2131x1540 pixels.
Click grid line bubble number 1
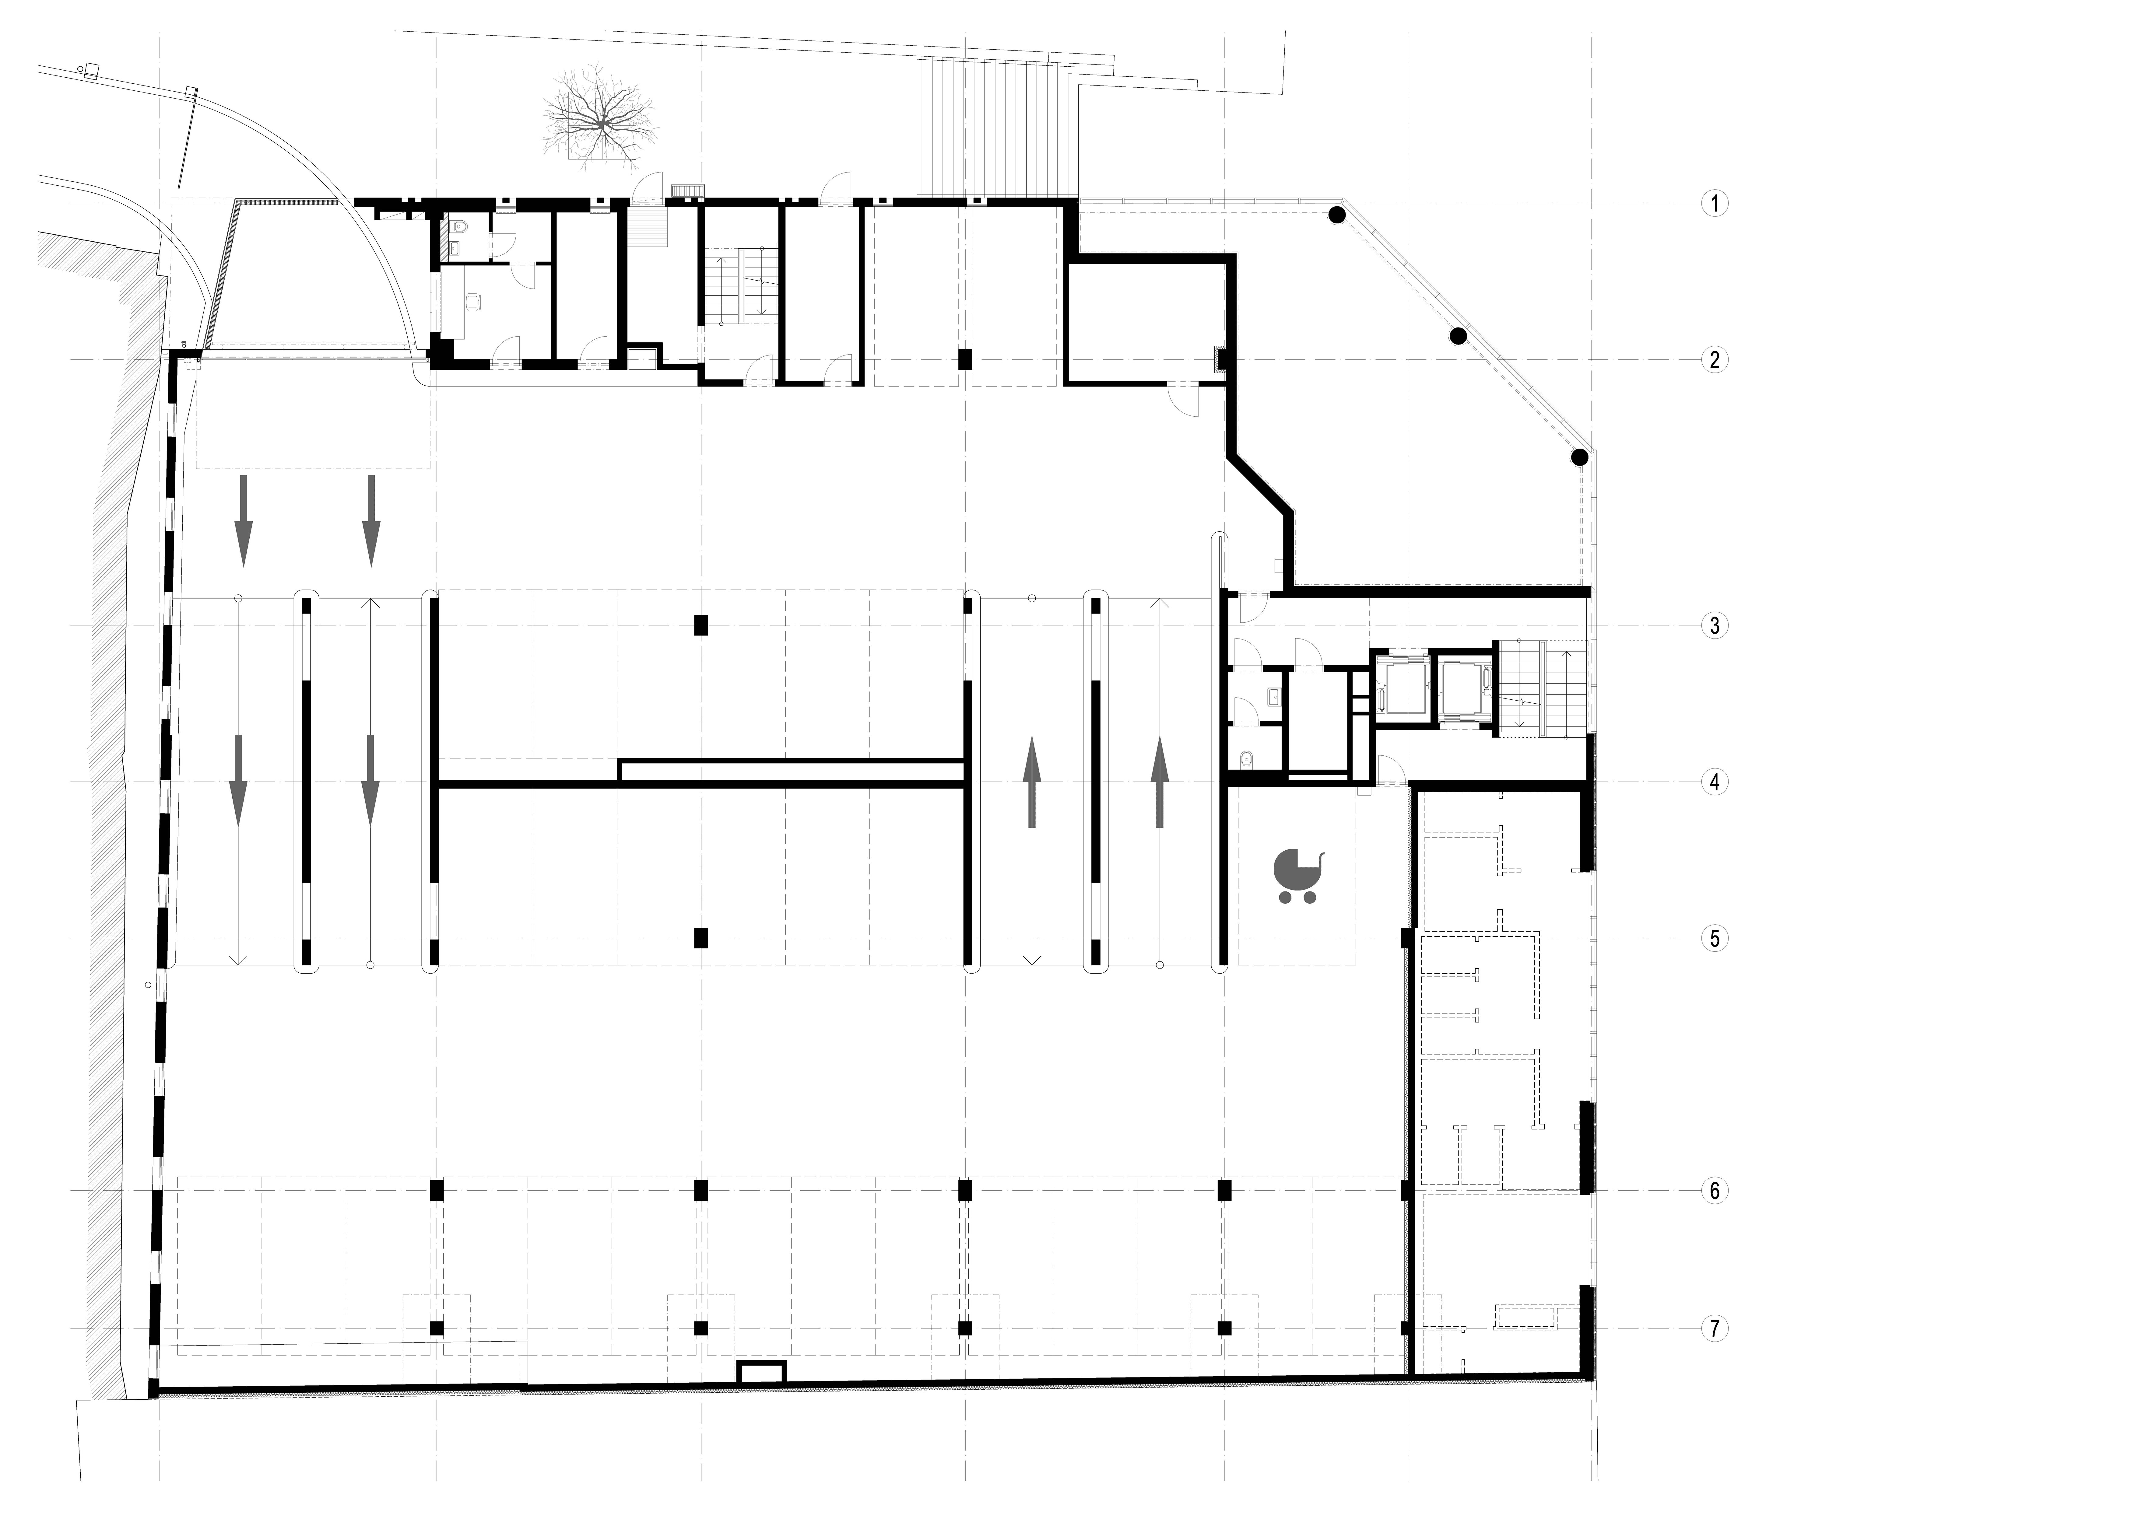pos(1715,203)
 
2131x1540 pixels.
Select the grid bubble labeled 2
pos(1715,360)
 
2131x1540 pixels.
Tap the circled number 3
pos(1715,626)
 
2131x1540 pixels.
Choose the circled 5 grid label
pos(1715,939)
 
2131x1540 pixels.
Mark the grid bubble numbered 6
pos(1715,1192)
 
